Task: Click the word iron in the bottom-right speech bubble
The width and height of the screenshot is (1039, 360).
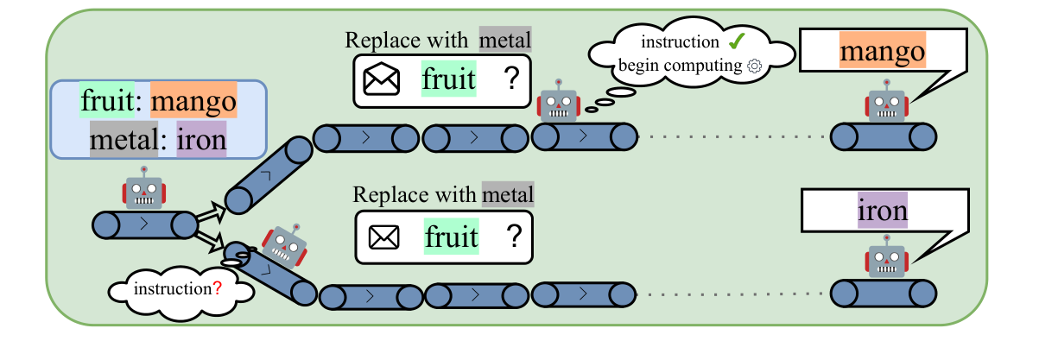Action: click(882, 211)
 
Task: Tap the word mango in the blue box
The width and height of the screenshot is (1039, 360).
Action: click(193, 104)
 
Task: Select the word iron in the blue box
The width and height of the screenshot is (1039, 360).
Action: click(201, 139)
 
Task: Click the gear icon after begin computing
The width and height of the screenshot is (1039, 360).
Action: click(755, 66)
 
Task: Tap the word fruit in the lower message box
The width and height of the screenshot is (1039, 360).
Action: click(450, 236)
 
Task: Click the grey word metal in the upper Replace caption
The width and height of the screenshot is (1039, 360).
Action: click(505, 40)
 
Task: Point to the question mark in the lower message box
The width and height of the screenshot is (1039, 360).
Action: click(515, 236)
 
